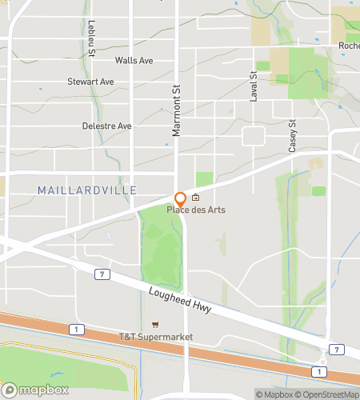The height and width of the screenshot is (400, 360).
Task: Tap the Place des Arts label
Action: [196, 210]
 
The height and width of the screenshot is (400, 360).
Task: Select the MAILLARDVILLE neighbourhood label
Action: [87, 190]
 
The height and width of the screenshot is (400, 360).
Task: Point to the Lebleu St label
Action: [92, 38]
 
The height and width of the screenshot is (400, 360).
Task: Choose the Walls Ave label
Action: [134, 60]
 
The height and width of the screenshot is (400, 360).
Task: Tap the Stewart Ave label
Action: [90, 82]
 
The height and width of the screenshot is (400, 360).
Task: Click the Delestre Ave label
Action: [106, 126]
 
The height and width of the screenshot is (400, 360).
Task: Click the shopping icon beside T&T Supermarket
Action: [156, 325]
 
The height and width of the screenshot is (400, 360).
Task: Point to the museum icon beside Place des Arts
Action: [195, 198]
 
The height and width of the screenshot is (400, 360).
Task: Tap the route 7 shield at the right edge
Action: [338, 350]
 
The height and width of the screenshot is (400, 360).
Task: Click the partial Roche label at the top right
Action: [349, 46]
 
